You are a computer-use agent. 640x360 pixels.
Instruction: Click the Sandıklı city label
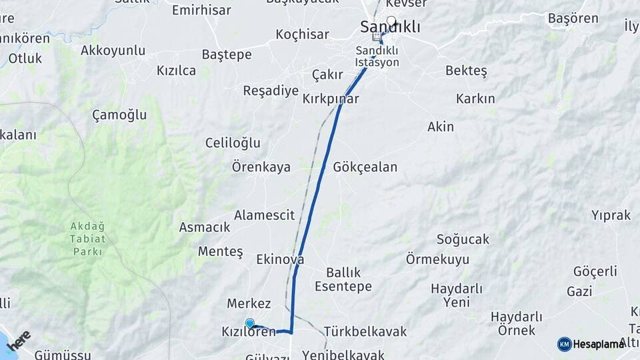(x=390, y=27)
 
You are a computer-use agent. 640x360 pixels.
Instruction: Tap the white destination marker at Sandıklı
(x=391, y=21)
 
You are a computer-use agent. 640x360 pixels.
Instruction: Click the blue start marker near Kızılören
(x=250, y=323)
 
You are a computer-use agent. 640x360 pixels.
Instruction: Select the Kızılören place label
(x=249, y=331)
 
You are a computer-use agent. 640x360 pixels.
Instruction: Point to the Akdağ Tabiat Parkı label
(x=87, y=239)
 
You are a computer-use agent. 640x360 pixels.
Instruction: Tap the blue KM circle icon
(x=564, y=344)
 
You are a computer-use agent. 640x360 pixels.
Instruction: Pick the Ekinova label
(x=280, y=259)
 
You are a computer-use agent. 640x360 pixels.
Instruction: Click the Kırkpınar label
(x=331, y=99)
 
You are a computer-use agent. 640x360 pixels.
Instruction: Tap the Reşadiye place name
(x=271, y=91)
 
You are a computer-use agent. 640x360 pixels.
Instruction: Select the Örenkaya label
(x=261, y=167)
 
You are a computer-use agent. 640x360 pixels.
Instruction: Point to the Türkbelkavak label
(x=365, y=331)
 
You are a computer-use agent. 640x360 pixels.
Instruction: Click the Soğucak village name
(x=463, y=239)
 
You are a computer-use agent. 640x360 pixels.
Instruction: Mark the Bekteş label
(x=466, y=70)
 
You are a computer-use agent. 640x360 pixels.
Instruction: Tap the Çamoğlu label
(x=119, y=115)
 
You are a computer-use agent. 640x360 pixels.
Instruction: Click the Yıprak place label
(x=611, y=215)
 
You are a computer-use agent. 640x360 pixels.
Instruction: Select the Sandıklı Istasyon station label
(x=377, y=57)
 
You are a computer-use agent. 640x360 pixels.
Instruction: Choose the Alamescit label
(x=264, y=215)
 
